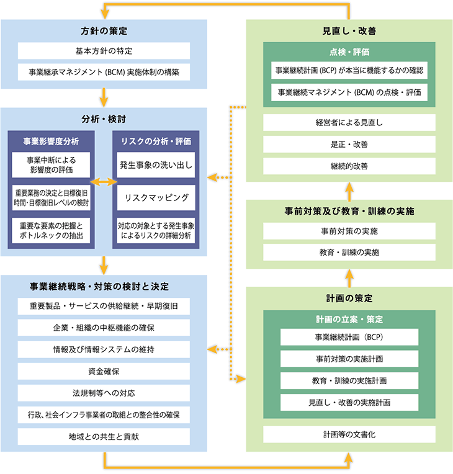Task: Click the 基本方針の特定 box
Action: (x=103, y=51)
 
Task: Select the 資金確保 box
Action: (x=103, y=371)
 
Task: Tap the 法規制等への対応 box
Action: (x=103, y=393)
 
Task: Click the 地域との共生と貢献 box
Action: (x=103, y=436)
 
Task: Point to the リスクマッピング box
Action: (x=156, y=197)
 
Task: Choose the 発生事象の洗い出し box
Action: (x=156, y=164)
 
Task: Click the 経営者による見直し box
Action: (x=349, y=123)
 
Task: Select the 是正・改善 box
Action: (x=349, y=145)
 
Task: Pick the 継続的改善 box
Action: (x=349, y=166)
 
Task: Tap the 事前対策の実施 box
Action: (x=349, y=231)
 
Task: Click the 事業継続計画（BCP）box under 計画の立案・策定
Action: (x=349, y=337)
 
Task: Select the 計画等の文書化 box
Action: (x=349, y=434)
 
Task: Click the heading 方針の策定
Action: (x=103, y=30)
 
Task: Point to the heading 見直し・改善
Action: (x=349, y=30)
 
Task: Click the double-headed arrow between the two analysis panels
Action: (x=104, y=182)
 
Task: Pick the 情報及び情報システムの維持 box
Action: (x=103, y=349)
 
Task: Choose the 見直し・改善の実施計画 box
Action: (x=349, y=402)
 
